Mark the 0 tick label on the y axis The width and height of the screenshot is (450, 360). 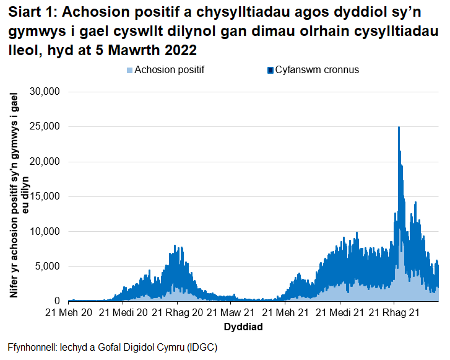(x=54, y=301)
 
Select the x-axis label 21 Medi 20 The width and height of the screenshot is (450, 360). (x=123, y=313)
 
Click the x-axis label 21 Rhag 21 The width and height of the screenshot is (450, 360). (x=394, y=313)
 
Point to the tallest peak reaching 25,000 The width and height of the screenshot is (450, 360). (x=399, y=128)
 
